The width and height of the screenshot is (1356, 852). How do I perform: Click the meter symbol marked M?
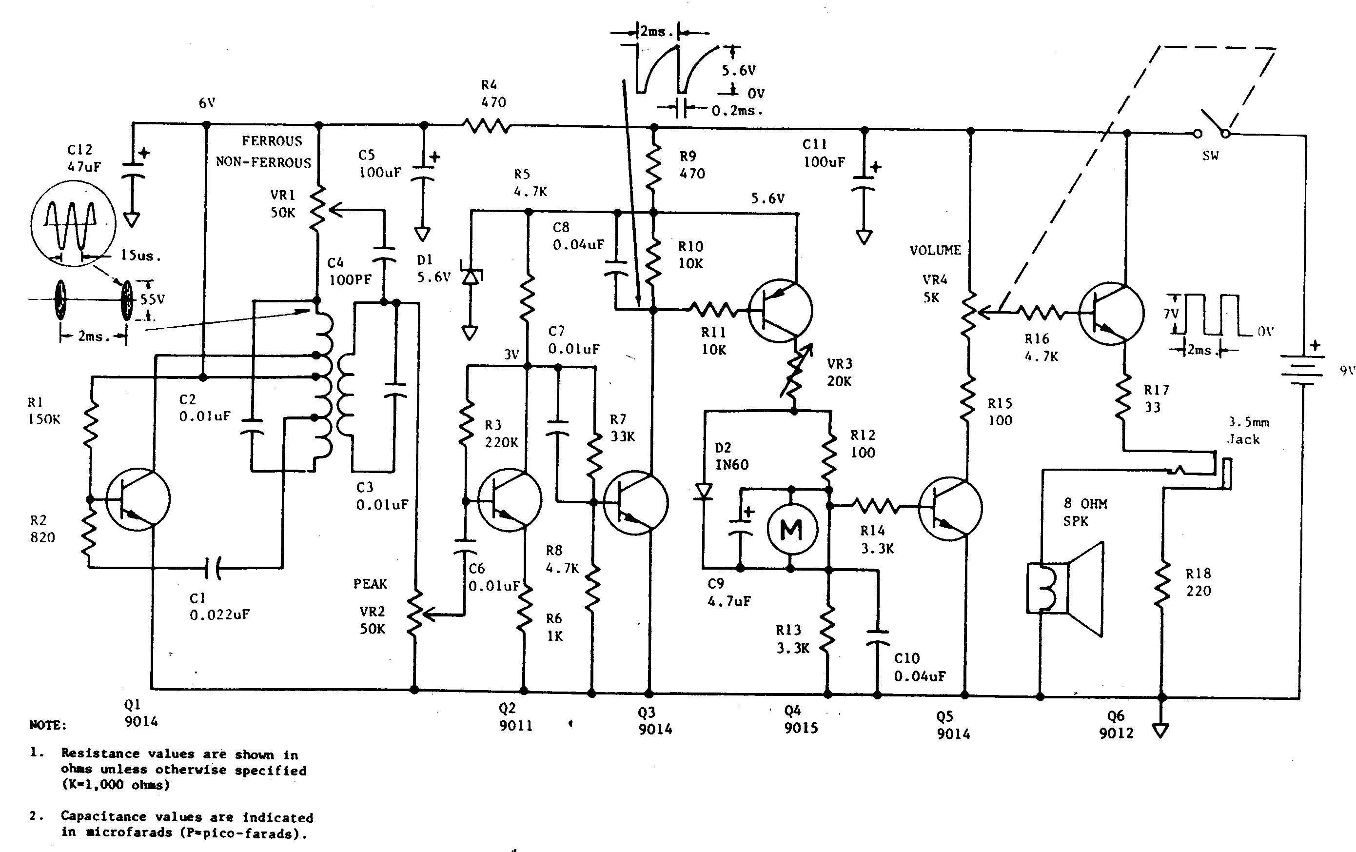791,529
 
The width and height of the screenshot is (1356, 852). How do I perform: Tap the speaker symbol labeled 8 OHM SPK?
1065,589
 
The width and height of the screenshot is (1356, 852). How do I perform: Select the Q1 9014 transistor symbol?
138,499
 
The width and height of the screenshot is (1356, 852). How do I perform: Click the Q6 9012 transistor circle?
1112,313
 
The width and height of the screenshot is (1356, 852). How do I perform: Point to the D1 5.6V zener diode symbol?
471,276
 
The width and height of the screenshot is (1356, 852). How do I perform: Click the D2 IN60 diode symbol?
703,492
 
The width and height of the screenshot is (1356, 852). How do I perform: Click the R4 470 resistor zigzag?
487,125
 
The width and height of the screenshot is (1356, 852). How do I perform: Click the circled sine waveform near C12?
73,223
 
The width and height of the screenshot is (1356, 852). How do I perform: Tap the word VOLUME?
935,250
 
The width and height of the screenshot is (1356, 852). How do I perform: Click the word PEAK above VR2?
370,584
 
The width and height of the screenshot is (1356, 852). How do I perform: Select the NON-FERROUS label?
263,163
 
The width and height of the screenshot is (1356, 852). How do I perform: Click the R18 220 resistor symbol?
1160,586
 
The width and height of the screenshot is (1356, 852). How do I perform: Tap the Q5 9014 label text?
953,725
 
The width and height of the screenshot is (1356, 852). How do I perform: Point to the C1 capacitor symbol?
214,568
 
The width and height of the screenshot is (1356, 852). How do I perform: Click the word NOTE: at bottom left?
48,725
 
